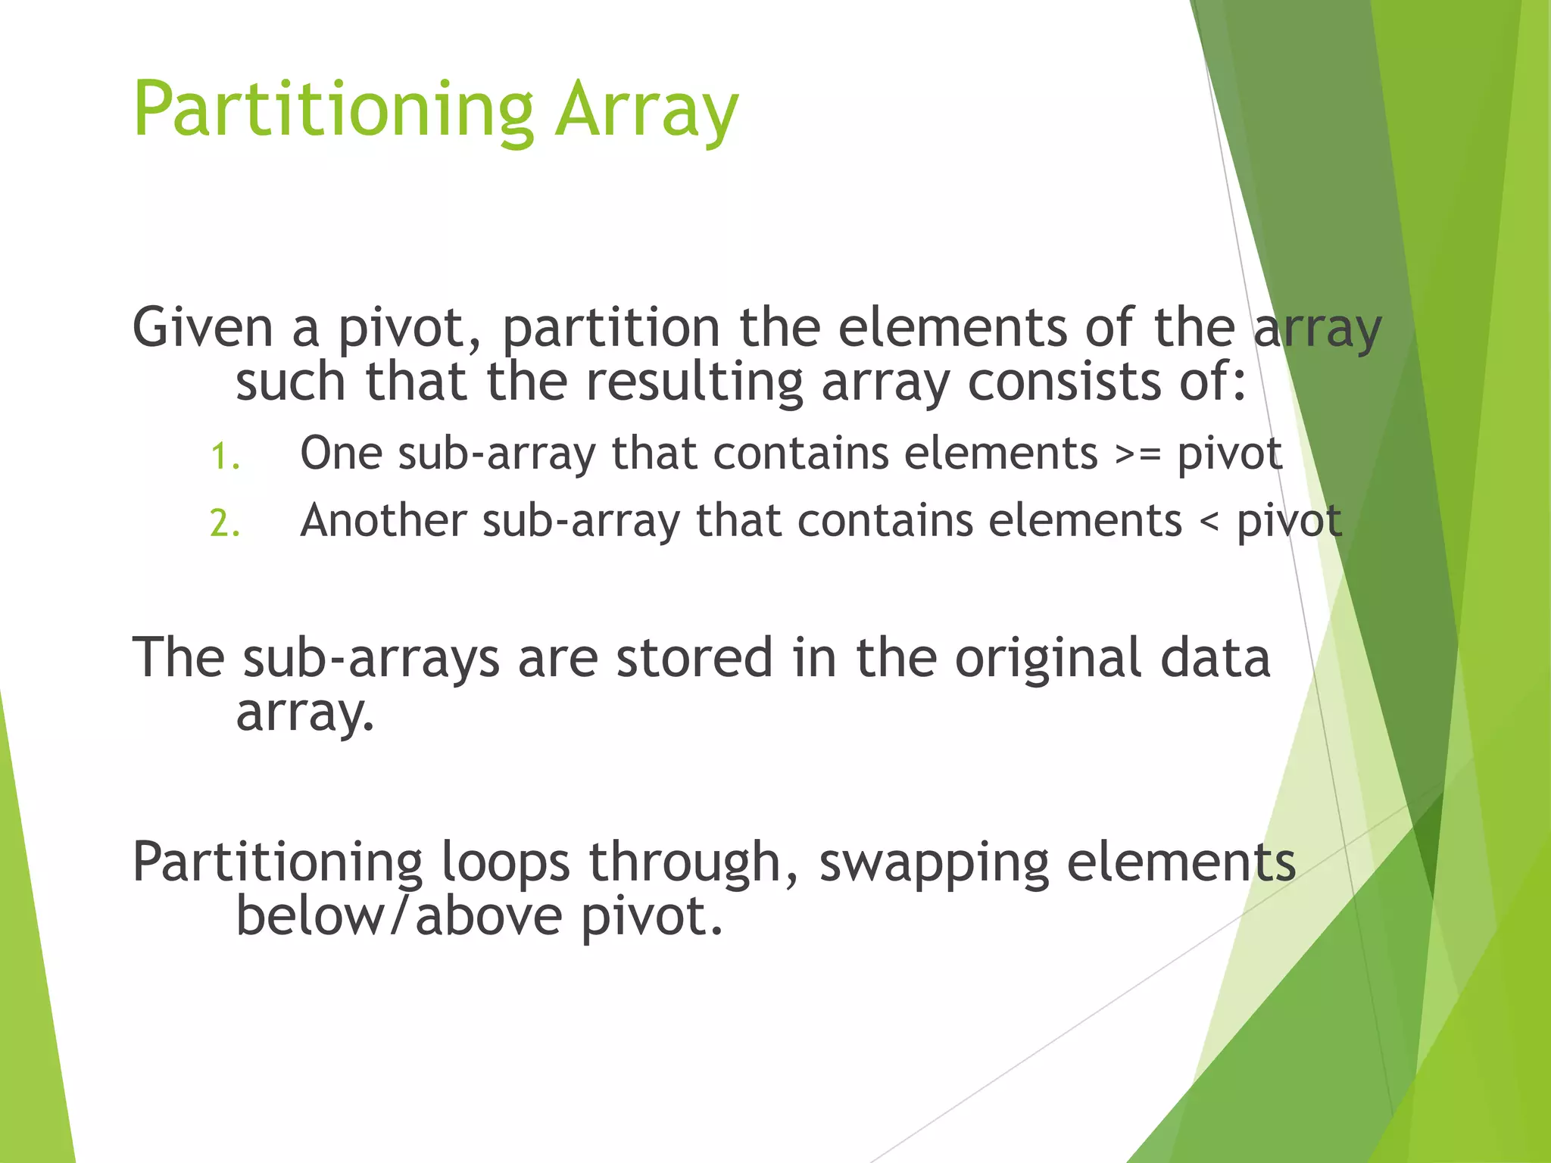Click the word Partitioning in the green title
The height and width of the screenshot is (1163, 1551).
[x=333, y=111]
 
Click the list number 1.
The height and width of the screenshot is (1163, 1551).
[x=224, y=457]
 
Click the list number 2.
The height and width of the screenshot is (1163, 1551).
[x=224, y=523]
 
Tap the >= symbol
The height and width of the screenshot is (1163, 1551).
[x=1138, y=455]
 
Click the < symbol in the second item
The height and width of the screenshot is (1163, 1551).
[x=1209, y=522]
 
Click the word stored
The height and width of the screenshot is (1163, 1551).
[x=694, y=657]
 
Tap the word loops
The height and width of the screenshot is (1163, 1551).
[x=505, y=863]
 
